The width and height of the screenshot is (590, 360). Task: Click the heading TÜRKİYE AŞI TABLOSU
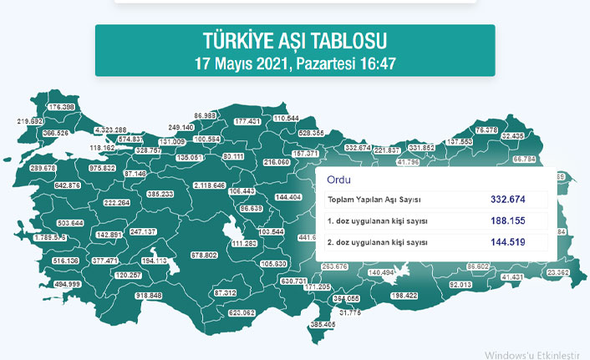[x=295, y=41]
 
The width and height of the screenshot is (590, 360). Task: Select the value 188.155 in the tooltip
[x=508, y=221]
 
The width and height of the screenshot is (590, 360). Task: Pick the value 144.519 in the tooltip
[x=508, y=242]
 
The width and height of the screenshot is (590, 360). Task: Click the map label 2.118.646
[x=208, y=185]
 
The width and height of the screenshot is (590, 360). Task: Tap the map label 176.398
[x=61, y=108]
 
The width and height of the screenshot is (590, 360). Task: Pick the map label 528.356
[x=311, y=133]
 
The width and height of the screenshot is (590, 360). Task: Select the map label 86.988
[x=206, y=115]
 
